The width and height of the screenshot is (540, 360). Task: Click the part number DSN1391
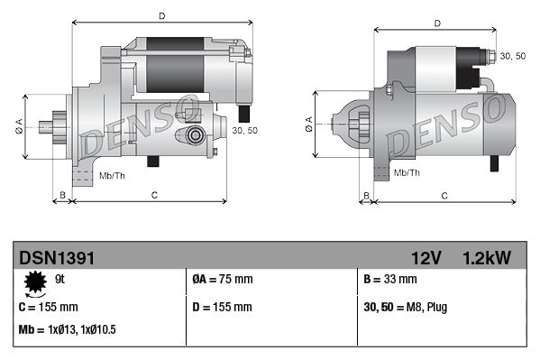(56, 257)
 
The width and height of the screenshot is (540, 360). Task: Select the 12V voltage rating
(426, 257)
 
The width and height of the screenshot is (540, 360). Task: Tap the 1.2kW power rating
(487, 257)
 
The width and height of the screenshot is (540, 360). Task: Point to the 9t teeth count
(60, 279)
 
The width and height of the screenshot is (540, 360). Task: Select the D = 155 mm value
(223, 307)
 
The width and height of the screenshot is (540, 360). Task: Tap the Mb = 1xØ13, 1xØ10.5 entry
(67, 330)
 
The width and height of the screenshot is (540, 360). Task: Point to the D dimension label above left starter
(161, 16)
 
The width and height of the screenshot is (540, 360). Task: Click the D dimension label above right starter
(436, 23)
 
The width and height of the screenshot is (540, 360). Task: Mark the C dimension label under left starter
(155, 195)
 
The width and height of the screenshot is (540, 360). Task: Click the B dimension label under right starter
(365, 195)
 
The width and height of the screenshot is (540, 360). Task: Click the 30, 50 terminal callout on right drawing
(512, 56)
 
